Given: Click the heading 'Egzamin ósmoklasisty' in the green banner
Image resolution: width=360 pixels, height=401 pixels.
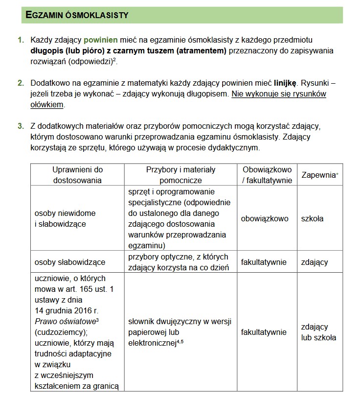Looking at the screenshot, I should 77,15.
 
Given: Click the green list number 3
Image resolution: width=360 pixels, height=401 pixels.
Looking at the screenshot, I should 21,126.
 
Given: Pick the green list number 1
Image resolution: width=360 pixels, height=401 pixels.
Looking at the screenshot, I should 21,40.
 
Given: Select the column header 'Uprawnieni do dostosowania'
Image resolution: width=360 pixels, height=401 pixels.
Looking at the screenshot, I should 78,175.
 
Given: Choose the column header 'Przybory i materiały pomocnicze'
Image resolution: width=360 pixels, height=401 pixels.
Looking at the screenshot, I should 180,175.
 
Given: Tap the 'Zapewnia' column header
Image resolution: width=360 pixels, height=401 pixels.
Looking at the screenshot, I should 318,175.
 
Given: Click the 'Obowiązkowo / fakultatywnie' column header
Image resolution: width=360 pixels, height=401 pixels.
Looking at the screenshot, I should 267,175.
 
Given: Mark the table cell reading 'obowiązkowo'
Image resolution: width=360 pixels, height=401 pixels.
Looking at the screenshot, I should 265,219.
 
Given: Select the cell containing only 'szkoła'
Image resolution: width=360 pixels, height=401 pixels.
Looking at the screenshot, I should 312,219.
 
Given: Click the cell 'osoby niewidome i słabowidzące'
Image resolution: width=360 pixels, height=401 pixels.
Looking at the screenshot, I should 65,219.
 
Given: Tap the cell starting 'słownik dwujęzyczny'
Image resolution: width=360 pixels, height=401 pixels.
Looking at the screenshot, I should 180,332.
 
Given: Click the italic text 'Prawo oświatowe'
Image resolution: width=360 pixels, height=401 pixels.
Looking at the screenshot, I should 65,321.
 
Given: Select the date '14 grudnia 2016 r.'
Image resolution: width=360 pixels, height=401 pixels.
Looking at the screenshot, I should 67,310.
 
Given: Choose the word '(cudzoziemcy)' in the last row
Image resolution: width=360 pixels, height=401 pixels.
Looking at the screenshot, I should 58,332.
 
